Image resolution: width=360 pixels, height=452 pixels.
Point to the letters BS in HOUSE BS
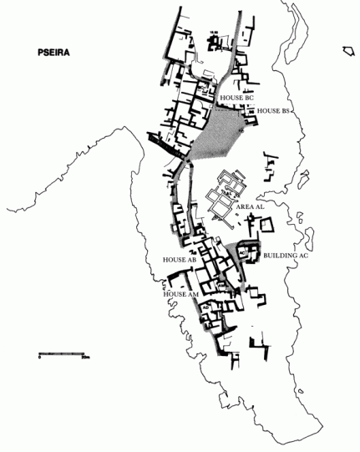coord(284,110)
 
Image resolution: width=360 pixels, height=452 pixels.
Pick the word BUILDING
coord(280,256)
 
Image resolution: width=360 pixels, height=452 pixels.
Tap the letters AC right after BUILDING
coord(303,256)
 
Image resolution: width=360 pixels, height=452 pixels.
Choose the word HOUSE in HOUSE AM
coord(174,294)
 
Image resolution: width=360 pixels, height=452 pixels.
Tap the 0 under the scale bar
coord(38,358)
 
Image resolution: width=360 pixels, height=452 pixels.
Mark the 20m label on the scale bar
coord(84,358)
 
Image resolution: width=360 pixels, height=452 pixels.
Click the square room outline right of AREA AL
coord(266,226)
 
